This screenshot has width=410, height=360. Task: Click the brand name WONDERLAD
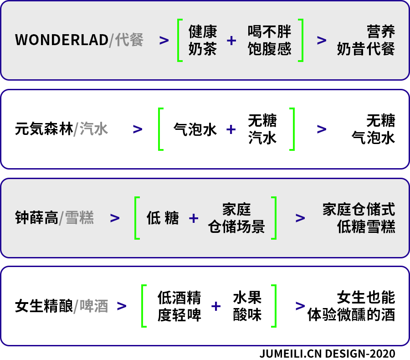click(x=61, y=40)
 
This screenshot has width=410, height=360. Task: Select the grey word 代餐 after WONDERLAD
click(x=129, y=40)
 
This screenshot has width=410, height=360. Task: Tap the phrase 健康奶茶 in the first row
click(x=203, y=40)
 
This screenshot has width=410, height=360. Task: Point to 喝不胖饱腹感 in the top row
click(x=269, y=40)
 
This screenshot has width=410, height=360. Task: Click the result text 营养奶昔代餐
click(x=366, y=40)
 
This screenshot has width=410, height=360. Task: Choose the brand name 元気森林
click(x=44, y=129)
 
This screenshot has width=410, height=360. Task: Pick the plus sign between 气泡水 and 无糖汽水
click(x=231, y=129)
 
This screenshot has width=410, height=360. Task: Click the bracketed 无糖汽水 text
click(x=262, y=129)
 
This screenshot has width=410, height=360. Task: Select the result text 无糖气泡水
click(x=373, y=129)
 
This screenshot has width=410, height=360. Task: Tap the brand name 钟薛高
click(x=36, y=218)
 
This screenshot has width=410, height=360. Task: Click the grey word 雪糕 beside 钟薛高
click(x=79, y=218)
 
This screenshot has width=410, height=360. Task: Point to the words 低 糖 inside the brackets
click(x=163, y=218)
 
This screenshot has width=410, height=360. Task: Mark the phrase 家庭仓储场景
click(x=236, y=218)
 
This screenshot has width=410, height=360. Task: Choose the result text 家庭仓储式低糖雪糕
click(x=359, y=218)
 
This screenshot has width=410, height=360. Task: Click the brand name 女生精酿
click(x=44, y=306)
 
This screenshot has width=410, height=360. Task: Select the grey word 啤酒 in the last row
click(x=94, y=306)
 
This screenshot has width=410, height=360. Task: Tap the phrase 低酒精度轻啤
click(x=179, y=306)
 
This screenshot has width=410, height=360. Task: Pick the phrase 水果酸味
click(x=247, y=306)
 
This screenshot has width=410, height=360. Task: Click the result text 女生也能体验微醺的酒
click(x=351, y=306)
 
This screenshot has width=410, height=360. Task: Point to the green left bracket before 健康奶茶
click(x=179, y=40)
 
